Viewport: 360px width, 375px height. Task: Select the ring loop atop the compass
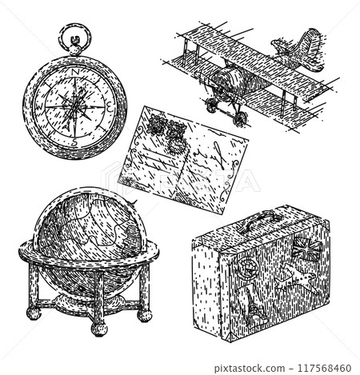click(74, 38)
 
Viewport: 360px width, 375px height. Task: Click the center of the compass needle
click(75, 105)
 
